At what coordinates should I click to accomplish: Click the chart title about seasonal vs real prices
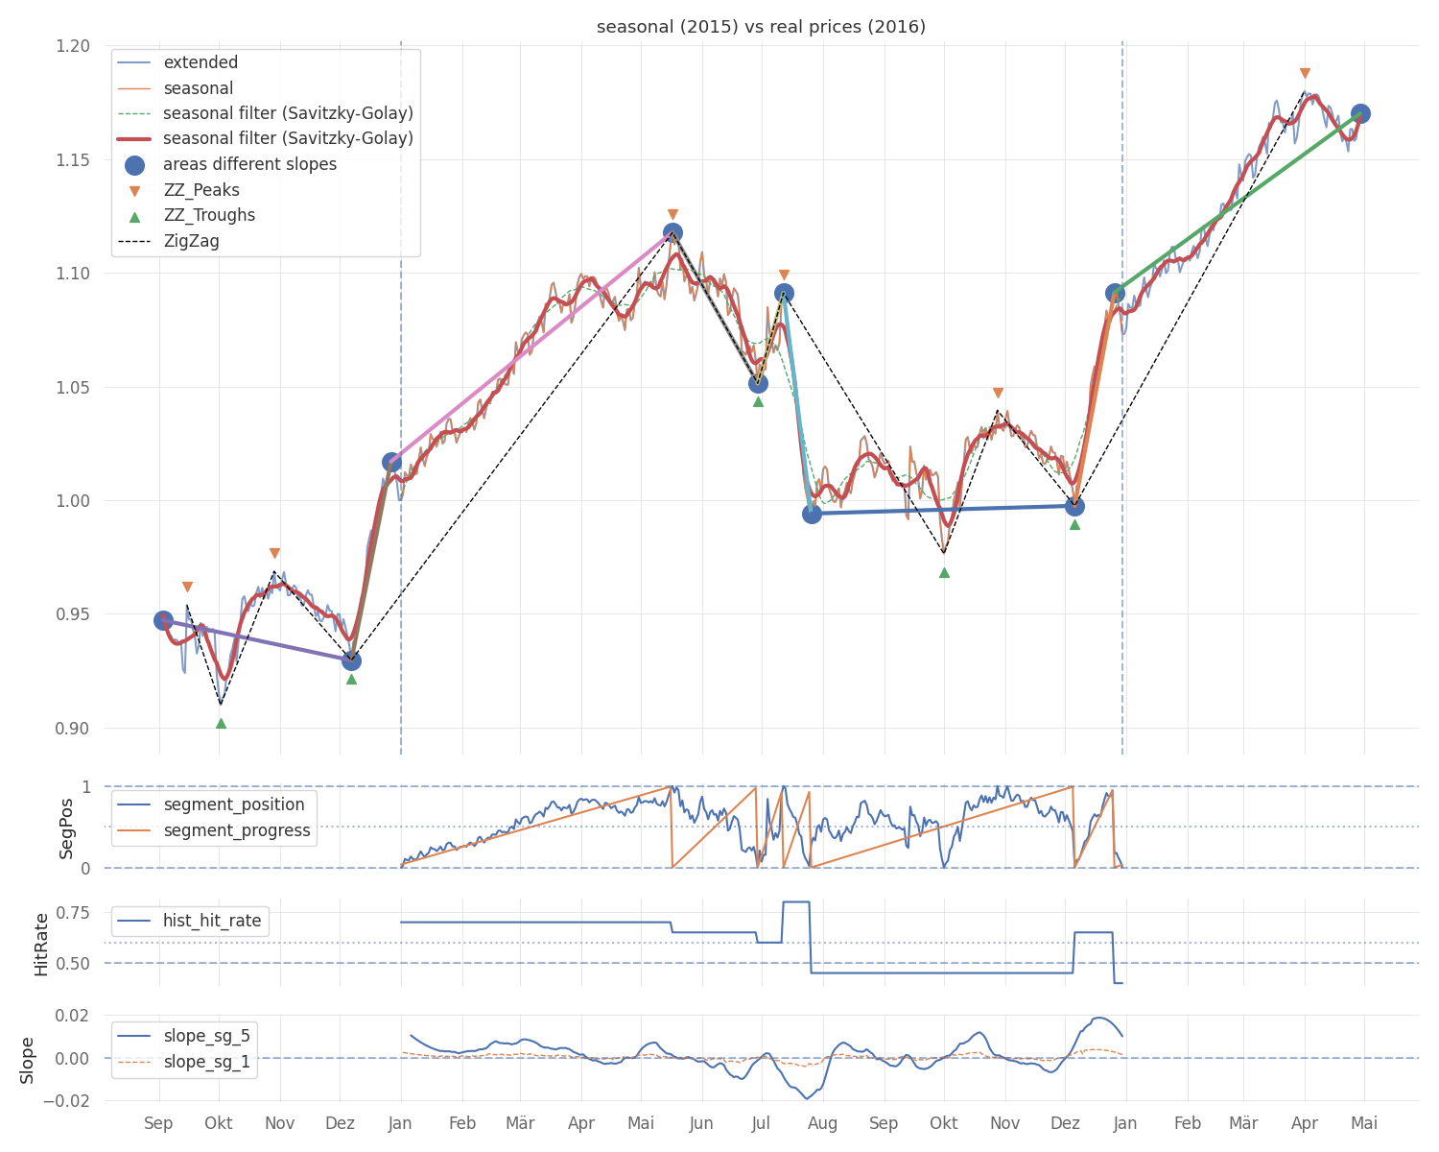tap(761, 27)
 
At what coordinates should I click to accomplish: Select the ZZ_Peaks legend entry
tap(201, 190)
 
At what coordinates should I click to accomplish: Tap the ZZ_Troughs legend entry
tap(209, 215)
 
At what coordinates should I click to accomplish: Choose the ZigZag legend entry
tap(191, 241)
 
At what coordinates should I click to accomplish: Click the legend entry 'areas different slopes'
tap(249, 164)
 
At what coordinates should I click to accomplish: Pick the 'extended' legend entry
tap(201, 62)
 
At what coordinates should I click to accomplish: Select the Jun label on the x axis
tap(701, 1123)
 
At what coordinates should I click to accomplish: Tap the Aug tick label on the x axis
tap(822, 1123)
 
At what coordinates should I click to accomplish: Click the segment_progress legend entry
tap(237, 830)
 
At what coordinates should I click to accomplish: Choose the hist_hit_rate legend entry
tap(212, 921)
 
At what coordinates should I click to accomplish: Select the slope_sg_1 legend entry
tap(206, 1062)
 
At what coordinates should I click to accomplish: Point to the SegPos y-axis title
tap(66, 828)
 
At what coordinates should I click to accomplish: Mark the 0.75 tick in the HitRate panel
tap(82, 912)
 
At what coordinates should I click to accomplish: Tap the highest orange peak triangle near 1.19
tap(1305, 73)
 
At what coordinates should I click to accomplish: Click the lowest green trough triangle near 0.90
tap(221, 723)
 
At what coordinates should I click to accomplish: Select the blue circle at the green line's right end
tap(1360, 113)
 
